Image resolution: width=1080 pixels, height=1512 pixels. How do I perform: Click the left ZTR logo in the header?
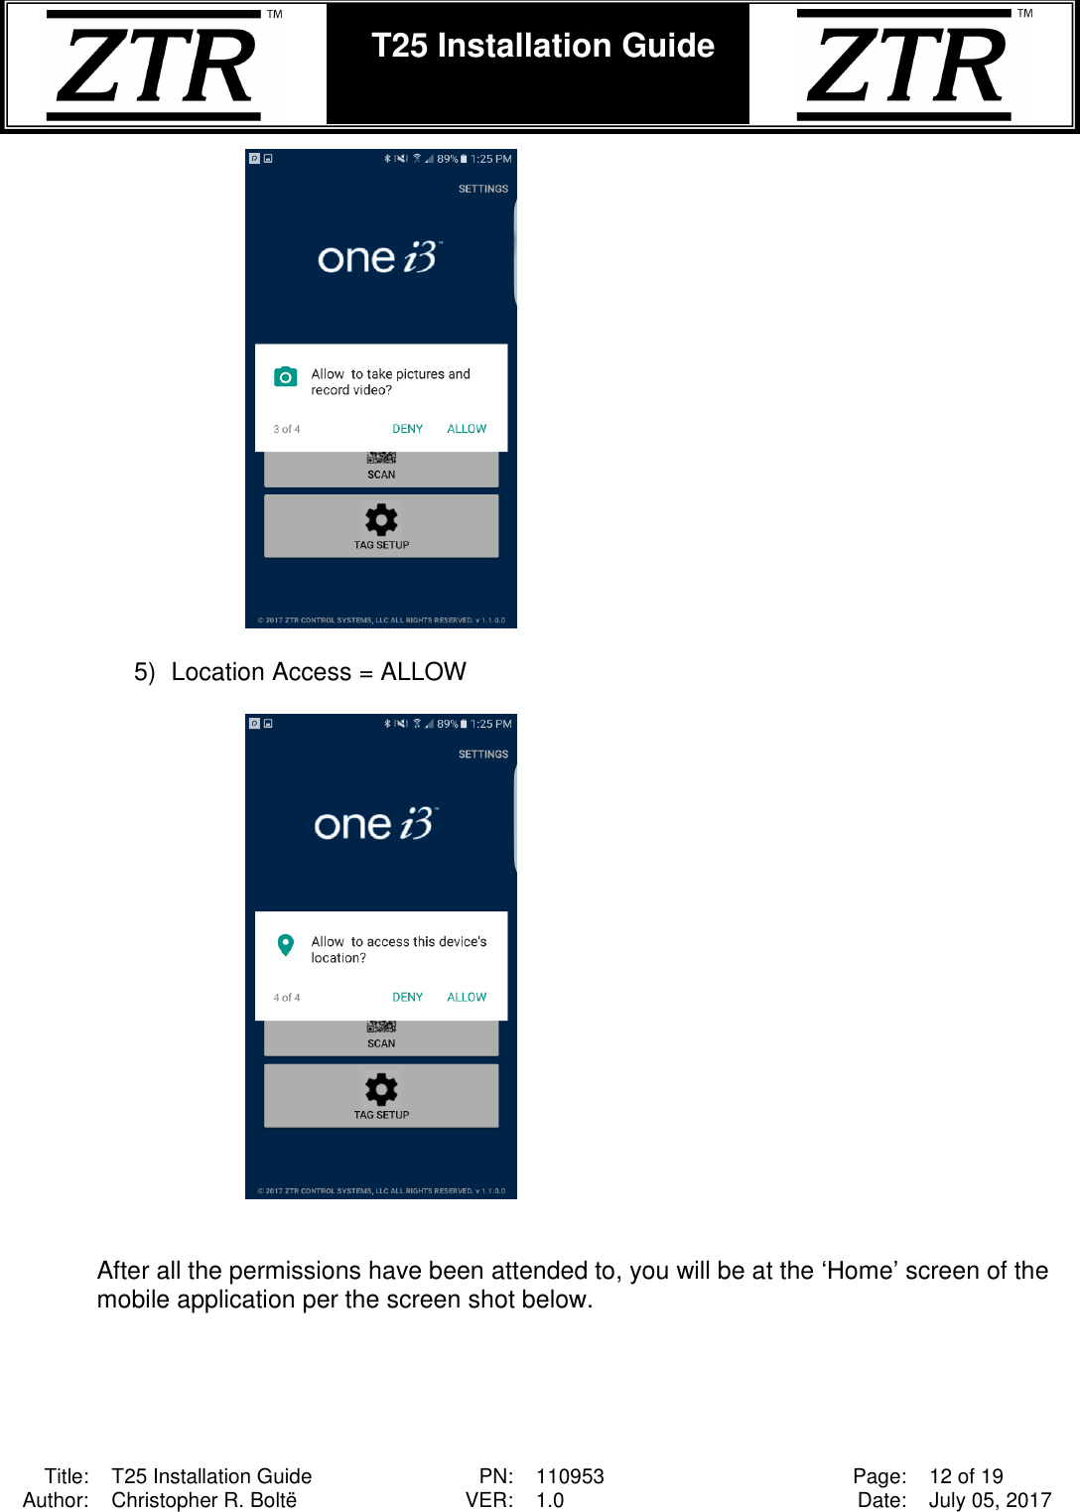point(155,66)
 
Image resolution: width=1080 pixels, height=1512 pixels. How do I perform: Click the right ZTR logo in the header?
point(905,66)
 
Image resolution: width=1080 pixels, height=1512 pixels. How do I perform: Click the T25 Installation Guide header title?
point(542,46)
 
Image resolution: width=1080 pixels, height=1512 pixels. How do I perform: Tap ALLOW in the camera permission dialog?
point(467,429)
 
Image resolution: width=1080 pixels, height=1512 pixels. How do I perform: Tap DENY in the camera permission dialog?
point(407,429)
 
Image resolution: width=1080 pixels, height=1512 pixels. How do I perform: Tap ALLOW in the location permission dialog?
point(467,997)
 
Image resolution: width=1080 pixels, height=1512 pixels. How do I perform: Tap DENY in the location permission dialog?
point(407,997)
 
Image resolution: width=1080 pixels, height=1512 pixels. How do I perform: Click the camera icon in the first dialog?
point(286,376)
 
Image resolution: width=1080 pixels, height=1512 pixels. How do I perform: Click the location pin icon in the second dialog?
point(286,944)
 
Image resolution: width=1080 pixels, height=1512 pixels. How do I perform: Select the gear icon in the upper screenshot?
point(381,519)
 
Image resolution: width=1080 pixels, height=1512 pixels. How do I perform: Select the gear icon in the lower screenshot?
point(381,1089)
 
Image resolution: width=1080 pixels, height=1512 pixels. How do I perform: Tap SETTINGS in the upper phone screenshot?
point(482,189)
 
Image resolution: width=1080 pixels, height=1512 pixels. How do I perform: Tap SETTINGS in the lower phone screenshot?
point(482,755)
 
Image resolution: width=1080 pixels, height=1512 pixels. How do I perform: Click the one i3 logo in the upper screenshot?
point(379,258)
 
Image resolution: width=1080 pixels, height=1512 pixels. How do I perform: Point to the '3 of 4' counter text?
point(286,429)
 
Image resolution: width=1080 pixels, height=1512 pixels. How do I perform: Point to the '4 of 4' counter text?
point(286,998)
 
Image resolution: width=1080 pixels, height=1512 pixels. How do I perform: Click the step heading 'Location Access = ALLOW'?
point(318,672)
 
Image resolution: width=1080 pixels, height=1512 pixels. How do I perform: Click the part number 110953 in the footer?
point(570,1476)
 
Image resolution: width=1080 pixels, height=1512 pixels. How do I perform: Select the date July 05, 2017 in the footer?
point(990,1500)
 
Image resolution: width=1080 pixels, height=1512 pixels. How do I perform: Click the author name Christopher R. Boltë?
point(203,1500)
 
